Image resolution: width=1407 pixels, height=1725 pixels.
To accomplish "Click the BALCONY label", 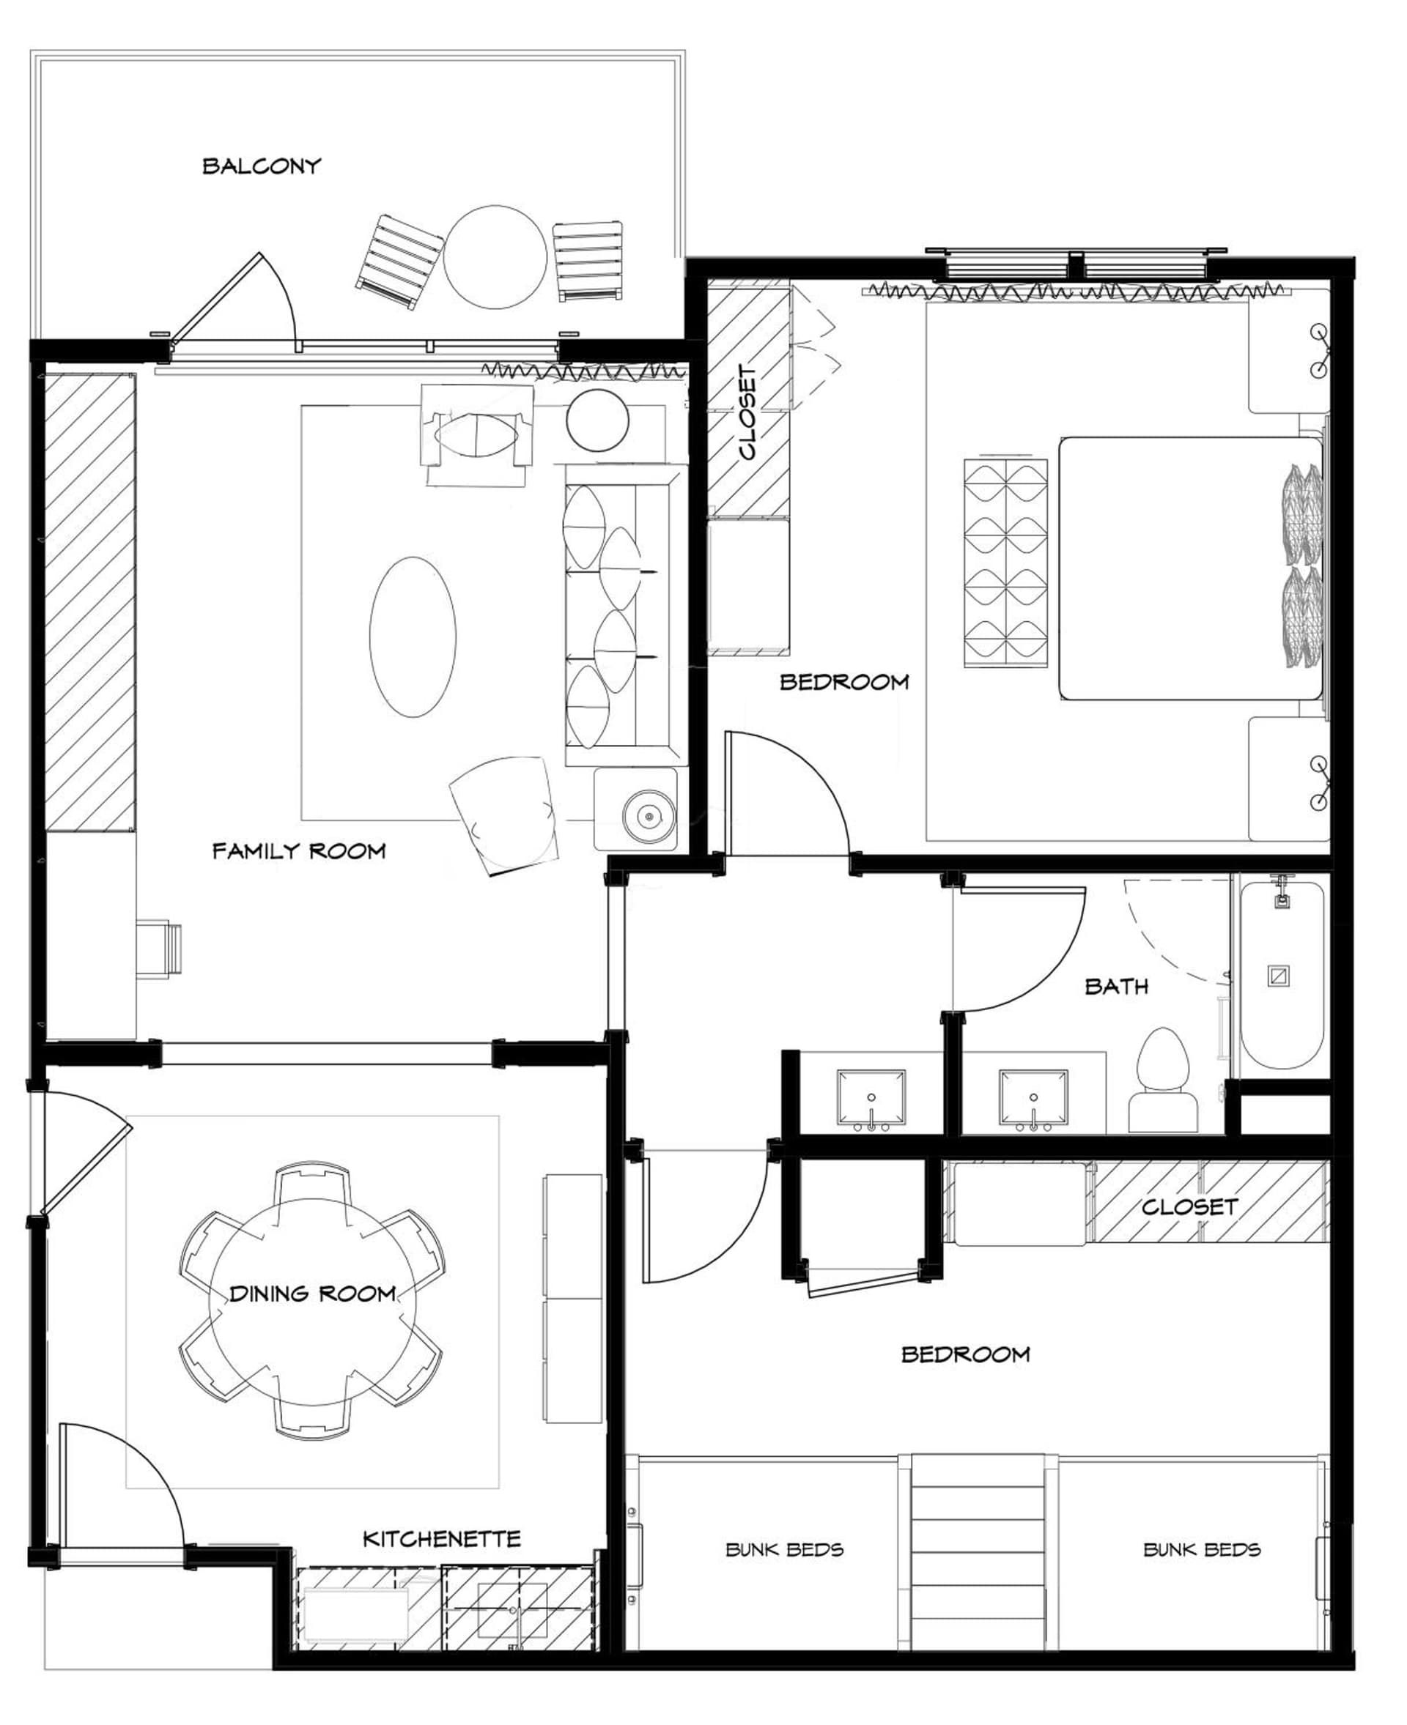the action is point(261,166).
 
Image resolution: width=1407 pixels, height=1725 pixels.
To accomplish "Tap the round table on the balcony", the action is point(496,257).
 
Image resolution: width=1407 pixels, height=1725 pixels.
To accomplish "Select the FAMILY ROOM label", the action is point(298,850).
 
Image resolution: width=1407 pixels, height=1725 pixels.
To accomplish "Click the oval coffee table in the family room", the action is point(413,637).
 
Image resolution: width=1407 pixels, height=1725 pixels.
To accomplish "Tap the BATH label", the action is point(1116,986).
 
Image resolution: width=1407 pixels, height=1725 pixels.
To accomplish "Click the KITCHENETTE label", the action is point(441,1539).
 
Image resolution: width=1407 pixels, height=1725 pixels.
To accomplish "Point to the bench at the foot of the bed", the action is point(1006,563).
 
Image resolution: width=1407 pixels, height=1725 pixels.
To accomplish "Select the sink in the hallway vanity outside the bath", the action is point(871,1099).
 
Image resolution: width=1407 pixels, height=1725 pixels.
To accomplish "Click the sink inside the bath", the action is point(1033,1099).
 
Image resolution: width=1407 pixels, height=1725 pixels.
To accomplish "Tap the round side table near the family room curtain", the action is point(597,420).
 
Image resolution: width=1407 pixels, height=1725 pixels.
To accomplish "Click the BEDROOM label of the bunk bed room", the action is point(965,1354).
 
